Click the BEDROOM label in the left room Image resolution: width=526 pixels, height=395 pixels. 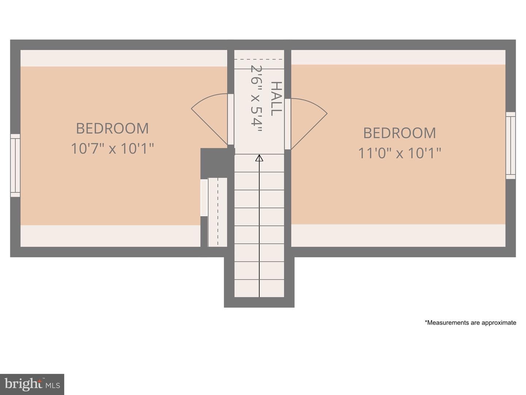113,128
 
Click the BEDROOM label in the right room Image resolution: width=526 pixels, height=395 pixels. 400,133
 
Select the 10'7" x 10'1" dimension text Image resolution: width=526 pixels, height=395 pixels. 113,148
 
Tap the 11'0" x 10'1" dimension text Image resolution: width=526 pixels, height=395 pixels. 400,153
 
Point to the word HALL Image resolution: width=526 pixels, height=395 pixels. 276,98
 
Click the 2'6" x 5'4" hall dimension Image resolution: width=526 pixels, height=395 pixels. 256,99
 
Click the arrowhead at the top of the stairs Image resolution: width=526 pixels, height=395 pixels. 259,158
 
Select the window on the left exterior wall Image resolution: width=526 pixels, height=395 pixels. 15,165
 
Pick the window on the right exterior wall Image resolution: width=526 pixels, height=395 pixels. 510,146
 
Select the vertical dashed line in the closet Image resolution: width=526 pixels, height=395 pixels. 218,212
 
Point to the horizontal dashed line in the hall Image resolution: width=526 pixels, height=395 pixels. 259,59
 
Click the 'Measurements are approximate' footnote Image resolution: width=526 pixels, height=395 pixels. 470,323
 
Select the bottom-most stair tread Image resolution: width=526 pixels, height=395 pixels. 259,288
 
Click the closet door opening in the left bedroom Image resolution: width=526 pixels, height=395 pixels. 204,198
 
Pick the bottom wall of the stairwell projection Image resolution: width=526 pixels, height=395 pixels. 259,302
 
